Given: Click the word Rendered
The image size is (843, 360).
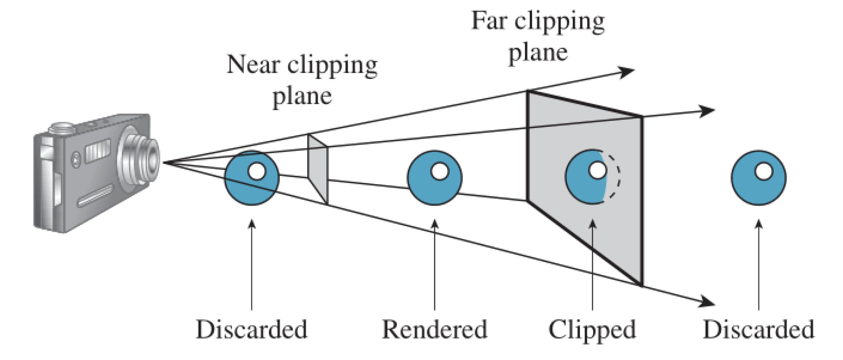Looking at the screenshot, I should (x=434, y=330).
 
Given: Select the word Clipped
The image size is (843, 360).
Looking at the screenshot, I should (x=592, y=330).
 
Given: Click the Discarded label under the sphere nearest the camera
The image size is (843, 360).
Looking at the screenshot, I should (x=251, y=330).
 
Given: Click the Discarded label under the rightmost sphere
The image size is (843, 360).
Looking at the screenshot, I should (x=758, y=330).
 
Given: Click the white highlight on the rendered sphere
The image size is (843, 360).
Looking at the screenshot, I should (x=440, y=171).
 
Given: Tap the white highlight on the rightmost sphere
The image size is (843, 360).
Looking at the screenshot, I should (x=764, y=172).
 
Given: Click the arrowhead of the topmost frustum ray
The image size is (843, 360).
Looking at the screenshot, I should (x=628, y=71).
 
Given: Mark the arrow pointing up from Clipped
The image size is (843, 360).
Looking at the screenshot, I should (x=592, y=264).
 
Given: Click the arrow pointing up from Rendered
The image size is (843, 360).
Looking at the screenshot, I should (x=435, y=264).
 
